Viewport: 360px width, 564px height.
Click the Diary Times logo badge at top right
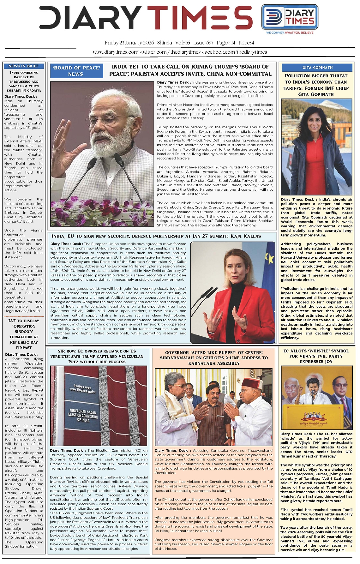point(289,17)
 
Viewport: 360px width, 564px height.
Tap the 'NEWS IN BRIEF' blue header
point(24,66)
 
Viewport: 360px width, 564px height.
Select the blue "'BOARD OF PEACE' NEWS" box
point(76,71)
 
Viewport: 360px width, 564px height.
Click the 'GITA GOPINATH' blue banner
point(317,67)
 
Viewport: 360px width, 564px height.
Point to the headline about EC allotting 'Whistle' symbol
point(316,356)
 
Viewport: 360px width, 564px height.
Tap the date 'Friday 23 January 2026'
point(129,43)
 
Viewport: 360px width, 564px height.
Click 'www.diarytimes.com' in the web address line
point(116,52)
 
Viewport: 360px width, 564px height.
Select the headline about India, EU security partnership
point(156,236)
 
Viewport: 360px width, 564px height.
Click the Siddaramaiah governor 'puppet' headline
point(214,357)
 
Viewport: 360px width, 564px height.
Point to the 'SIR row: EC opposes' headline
point(97,356)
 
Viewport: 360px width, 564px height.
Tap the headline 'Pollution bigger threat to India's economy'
point(316,85)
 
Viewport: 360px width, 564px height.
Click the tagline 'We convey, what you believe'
point(290,33)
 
